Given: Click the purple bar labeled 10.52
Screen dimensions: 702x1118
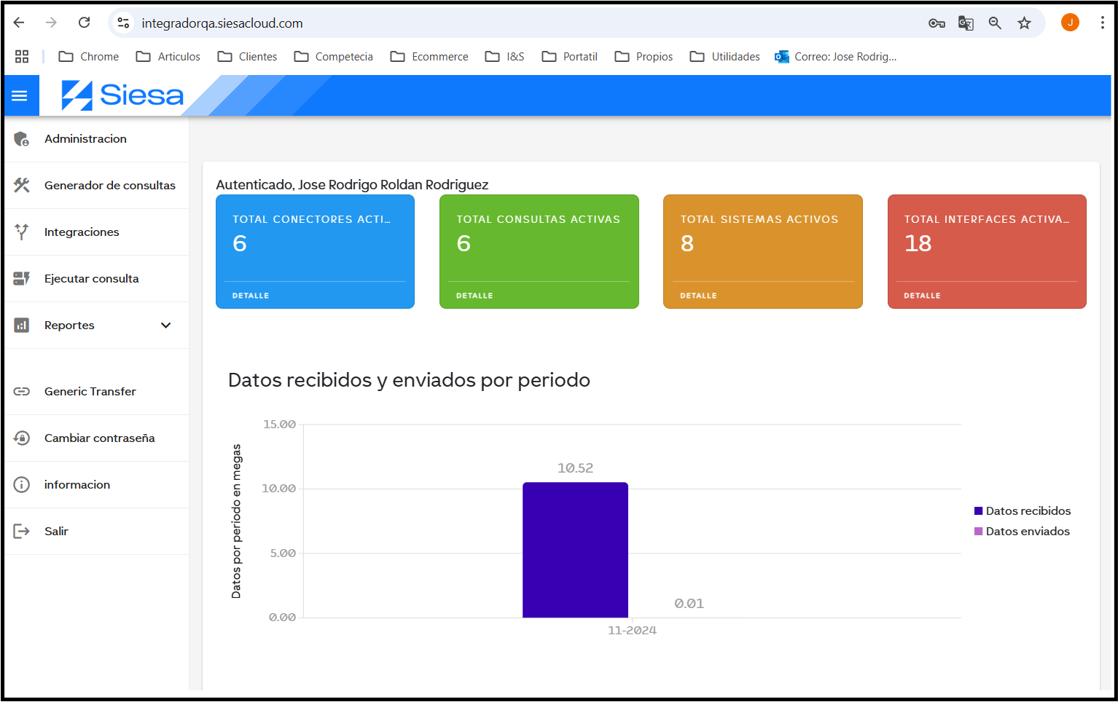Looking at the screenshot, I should (575, 550).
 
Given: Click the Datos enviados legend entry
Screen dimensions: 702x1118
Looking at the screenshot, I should (1022, 532).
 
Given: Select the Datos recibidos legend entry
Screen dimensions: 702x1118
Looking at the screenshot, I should (1022, 511).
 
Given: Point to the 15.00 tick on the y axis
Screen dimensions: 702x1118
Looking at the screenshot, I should (279, 425).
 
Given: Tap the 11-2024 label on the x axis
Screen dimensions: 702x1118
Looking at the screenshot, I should (632, 631).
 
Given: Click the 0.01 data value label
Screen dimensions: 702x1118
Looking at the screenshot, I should (689, 604).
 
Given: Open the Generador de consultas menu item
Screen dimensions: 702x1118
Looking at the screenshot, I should (109, 186).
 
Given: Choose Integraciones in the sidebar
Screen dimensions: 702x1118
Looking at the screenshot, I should (82, 232).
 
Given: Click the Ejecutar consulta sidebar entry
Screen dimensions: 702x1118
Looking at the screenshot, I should (91, 279).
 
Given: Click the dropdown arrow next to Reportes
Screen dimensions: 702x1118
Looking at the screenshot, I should (166, 326).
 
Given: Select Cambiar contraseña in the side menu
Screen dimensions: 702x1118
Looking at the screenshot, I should (99, 438).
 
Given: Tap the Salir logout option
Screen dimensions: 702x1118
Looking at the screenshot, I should (56, 532).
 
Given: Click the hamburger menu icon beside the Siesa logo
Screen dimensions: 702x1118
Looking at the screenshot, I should (20, 96).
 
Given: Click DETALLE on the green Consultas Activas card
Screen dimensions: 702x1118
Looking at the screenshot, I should (474, 296).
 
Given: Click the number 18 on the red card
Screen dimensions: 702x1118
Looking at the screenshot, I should (918, 243).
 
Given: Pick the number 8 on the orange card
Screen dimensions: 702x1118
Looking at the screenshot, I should (687, 243).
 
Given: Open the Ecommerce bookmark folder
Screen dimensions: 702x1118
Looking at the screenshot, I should (429, 57).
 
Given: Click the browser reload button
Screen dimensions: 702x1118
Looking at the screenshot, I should (85, 23).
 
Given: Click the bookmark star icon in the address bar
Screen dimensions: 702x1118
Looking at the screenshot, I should (1024, 23).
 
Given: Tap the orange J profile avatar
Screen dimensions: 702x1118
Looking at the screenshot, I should (1070, 23).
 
